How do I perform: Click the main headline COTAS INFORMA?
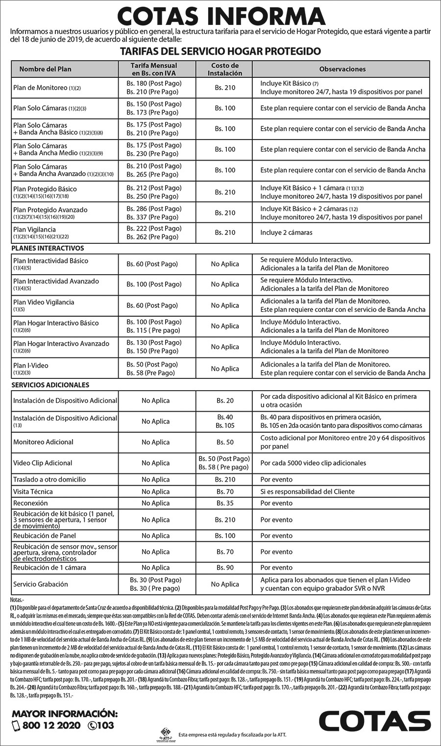coord(220,16)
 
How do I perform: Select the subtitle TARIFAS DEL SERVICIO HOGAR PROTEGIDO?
coord(220,51)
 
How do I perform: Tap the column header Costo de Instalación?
coord(224,69)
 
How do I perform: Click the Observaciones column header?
coord(343,69)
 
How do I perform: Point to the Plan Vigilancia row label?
coord(35,229)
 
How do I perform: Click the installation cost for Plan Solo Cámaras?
coord(224,108)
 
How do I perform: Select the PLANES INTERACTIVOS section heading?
coord(48,248)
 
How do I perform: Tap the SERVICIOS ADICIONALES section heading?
coord(50,385)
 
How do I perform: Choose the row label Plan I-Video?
coord(31,365)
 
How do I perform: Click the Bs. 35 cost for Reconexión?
coord(225,503)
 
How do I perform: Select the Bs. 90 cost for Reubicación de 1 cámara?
coord(225,568)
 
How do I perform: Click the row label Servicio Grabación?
coord(41,584)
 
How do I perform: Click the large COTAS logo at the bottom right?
coord(374,721)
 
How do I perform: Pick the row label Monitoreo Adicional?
coord(43,442)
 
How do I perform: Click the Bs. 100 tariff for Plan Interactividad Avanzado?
coord(151,284)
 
